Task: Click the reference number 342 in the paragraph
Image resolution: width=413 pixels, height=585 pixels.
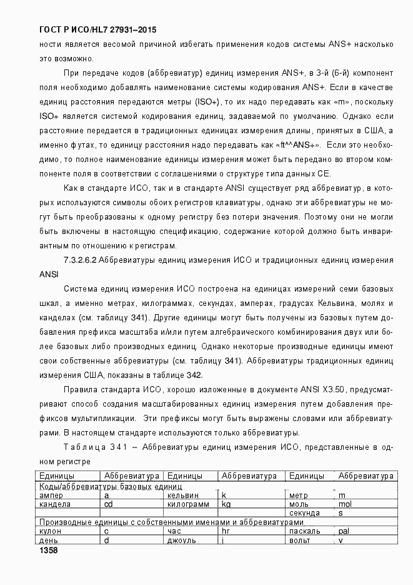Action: tap(194, 374)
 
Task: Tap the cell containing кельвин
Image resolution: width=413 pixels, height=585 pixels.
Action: tap(183, 495)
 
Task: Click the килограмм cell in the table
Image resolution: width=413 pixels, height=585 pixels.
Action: tap(187, 504)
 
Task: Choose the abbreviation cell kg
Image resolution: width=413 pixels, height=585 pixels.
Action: tap(226, 504)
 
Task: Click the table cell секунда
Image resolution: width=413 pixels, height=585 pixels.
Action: tap(304, 512)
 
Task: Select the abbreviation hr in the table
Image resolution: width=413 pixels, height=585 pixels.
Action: tap(226, 531)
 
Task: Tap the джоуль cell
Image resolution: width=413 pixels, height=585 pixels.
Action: tap(182, 540)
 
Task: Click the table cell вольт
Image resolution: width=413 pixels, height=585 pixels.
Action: tap(300, 540)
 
